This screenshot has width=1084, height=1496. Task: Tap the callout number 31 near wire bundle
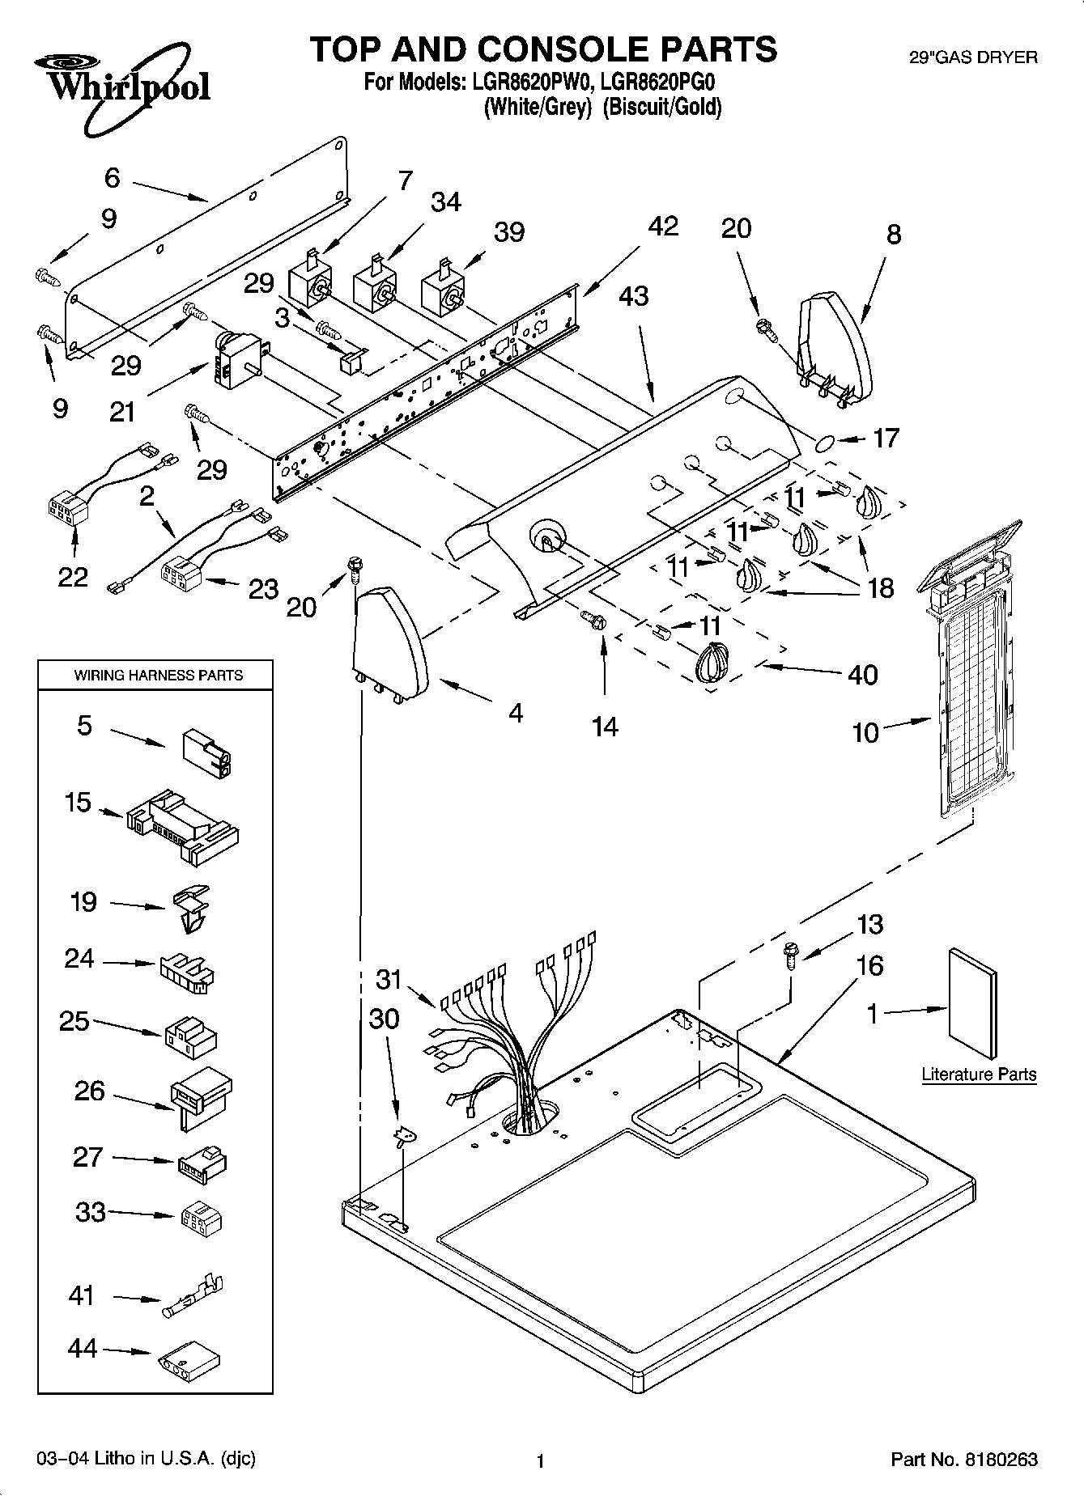[x=389, y=979]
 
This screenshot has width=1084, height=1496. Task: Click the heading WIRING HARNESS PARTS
[x=158, y=675]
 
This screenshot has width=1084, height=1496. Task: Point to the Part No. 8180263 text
[x=963, y=1459]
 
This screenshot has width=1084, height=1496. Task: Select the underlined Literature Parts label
[x=979, y=1074]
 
